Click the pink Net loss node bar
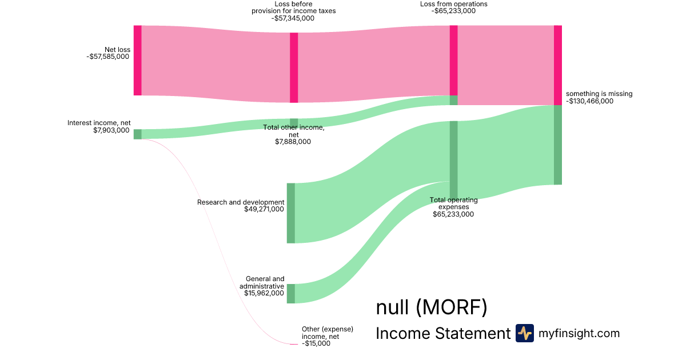pos(137,60)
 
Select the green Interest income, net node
pos(137,134)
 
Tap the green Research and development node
pos(290,213)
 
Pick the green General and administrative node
pos(290,293)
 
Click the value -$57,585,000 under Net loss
pos(109,57)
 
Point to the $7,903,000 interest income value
pos(111,130)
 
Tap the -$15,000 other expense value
pos(316,344)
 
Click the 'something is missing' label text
pos(599,94)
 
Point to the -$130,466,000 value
pos(589,101)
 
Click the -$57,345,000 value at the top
pos(293,18)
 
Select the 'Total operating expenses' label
pos(453,203)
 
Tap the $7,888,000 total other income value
pos(293,142)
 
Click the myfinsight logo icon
pos(524,333)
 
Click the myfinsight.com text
pos(579,333)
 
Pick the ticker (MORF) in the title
pos(451,307)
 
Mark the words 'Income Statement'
pos(442,333)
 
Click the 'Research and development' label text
pos(241,202)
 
